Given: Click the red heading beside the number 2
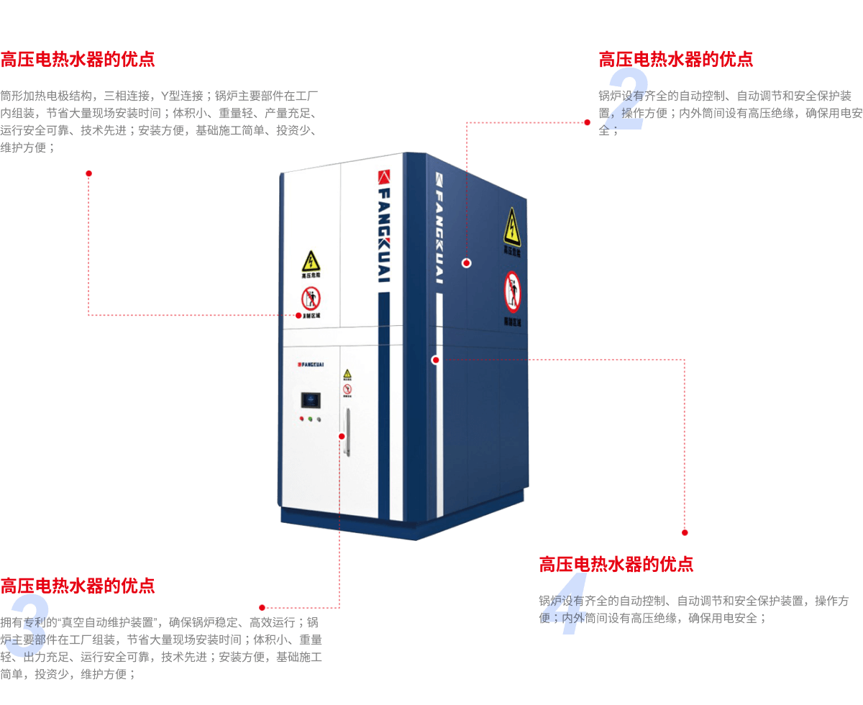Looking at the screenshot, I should pyautogui.click(x=676, y=59).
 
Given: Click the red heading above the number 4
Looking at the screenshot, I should pyautogui.click(x=616, y=564).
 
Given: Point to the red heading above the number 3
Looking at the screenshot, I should pyautogui.click(x=78, y=586).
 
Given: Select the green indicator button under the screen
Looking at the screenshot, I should pyautogui.click(x=310, y=418).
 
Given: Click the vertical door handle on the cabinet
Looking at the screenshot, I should pyautogui.click(x=347, y=432).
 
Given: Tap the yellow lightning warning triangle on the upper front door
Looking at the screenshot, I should pyautogui.click(x=311, y=261).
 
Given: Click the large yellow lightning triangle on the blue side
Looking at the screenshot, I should pyautogui.click(x=511, y=225).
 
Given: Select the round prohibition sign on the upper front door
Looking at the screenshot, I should pyautogui.click(x=311, y=296).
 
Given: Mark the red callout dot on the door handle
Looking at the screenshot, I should pyautogui.click(x=341, y=435).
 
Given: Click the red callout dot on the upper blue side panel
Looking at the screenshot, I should pyautogui.click(x=466, y=263).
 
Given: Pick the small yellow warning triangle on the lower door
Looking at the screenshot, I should pyautogui.click(x=347, y=373).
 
